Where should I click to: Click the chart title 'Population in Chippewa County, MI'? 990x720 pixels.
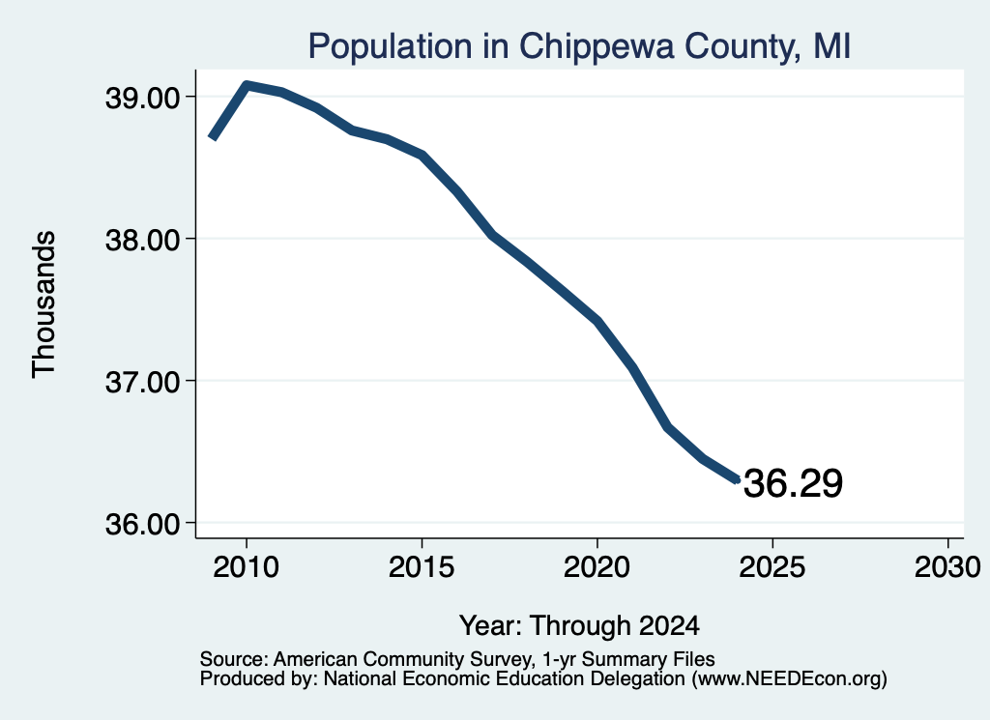(580, 46)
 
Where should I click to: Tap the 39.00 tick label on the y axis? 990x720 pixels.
(142, 98)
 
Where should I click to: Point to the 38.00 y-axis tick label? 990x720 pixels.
(142, 240)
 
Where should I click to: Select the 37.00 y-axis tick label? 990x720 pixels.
(142, 382)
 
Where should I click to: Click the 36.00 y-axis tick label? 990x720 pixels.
(142, 524)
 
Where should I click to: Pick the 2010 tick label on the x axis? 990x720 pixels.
(247, 566)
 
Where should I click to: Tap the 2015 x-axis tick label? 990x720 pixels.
(422, 566)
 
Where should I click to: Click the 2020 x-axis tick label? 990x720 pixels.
(597, 566)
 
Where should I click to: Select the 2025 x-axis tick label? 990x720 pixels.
(772, 566)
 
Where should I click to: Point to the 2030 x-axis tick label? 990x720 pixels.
(947, 566)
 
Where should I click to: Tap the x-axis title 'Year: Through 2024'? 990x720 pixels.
(580, 626)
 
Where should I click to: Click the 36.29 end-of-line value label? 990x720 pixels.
(793, 484)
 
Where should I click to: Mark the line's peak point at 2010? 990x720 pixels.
(247, 84)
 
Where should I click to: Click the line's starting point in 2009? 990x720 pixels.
(213, 137)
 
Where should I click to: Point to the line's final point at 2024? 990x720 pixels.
(737, 480)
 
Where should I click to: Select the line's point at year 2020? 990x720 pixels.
(597, 321)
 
